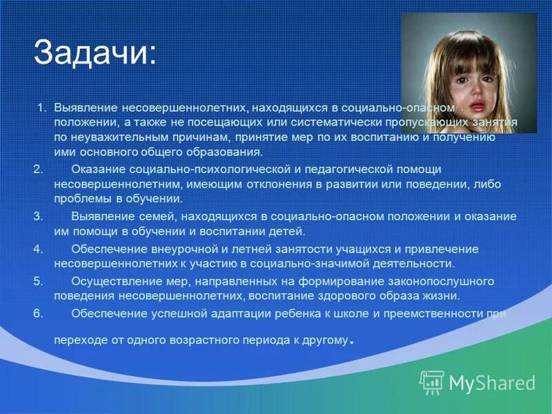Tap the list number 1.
tap(41, 108)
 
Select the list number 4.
tap(38, 249)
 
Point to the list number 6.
tap(38, 313)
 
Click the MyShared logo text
tap(492, 382)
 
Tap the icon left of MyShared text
tap(432, 382)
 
